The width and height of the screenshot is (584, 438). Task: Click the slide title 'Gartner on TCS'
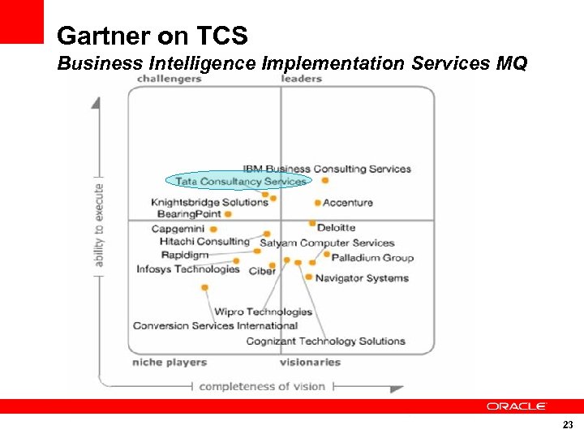tap(152, 36)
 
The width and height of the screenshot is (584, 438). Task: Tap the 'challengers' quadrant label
tap(169, 79)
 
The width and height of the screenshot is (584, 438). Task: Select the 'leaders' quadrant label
tap(302, 79)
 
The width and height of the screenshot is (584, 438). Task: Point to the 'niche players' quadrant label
tap(169, 363)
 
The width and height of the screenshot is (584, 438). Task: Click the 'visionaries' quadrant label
tap(310, 363)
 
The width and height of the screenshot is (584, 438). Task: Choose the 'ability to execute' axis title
tap(99, 225)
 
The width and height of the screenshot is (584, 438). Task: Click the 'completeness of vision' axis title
tap(262, 387)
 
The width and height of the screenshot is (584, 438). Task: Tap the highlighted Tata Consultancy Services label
tap(241, 182)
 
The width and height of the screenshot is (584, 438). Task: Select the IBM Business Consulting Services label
tap(327, 169)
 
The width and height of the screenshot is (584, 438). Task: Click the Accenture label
tap(348, 203)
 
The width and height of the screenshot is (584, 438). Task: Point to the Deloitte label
tap(336, 228)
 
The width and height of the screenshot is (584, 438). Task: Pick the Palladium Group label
tap(372, 258)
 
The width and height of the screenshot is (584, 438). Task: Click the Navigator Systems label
tap(362, 278)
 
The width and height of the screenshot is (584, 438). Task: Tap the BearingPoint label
tap(189, 214)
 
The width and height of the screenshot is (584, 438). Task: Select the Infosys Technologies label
tap(188, 269)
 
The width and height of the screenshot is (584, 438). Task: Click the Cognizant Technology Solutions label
tap(325, 341)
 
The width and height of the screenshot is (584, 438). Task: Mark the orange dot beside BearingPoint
tap(228, 215)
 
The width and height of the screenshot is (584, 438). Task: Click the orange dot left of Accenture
tap(317, 203)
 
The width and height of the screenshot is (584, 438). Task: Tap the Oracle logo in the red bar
tap(517, 406)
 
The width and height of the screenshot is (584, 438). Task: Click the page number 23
tap(567, 425)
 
